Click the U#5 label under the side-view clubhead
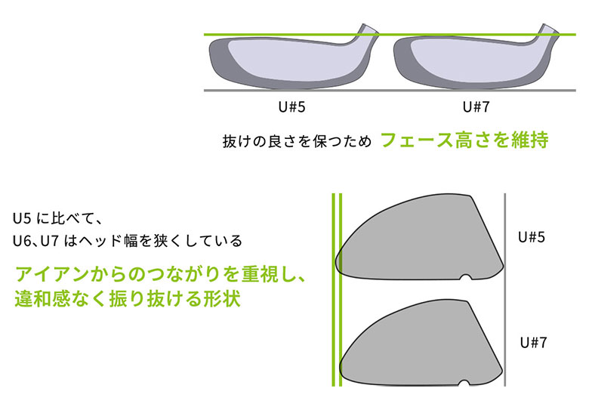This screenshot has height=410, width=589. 292,107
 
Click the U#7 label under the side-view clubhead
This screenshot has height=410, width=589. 476,107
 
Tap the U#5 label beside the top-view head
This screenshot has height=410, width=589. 531,237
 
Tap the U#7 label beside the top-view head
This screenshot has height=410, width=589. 533,342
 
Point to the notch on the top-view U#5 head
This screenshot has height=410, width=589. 466,277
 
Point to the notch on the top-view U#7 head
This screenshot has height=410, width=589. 464,383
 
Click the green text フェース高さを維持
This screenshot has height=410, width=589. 464,140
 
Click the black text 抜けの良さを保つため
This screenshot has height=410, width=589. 297,141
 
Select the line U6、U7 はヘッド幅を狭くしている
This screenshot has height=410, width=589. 128,241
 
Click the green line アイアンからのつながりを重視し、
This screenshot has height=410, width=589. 161,273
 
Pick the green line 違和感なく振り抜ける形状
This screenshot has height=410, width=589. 128,299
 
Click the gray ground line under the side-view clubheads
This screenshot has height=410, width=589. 390,91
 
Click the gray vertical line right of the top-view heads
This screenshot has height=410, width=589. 505,290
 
